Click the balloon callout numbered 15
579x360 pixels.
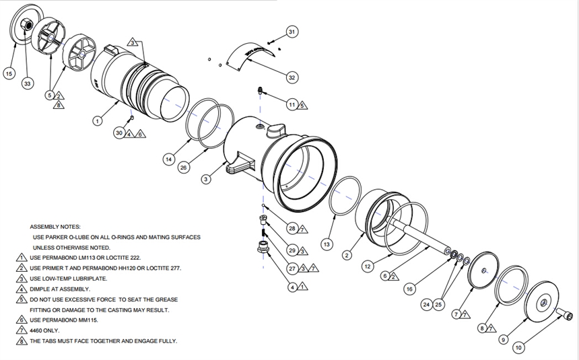(x=9, y=73)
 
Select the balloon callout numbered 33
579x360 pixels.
(x=27, y=83)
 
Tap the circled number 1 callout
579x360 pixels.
(x=97, y=121)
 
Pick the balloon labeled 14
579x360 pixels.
(x=168, y=159)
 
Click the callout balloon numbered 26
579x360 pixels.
(x=183, y=168)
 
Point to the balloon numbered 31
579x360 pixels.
(x=292, y=32)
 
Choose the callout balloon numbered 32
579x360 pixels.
(x=292, y=78)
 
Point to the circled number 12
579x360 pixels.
(x=368, y=266)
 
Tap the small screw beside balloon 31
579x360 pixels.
(x=271, y=41)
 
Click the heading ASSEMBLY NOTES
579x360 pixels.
(x=55, y=227)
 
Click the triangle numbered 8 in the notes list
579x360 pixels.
(x=23, y=341)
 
